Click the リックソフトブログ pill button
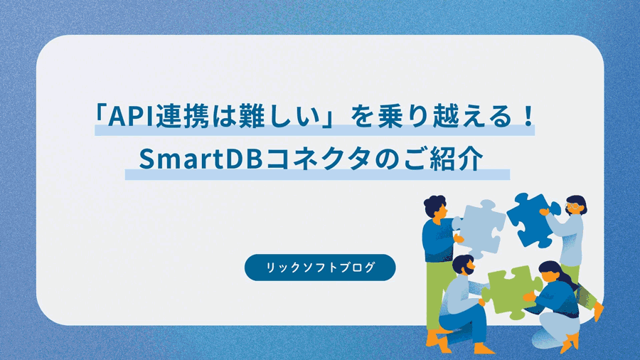pos(320,267)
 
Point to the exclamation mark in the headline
pos(527,116)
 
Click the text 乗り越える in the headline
pos(445,116)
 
